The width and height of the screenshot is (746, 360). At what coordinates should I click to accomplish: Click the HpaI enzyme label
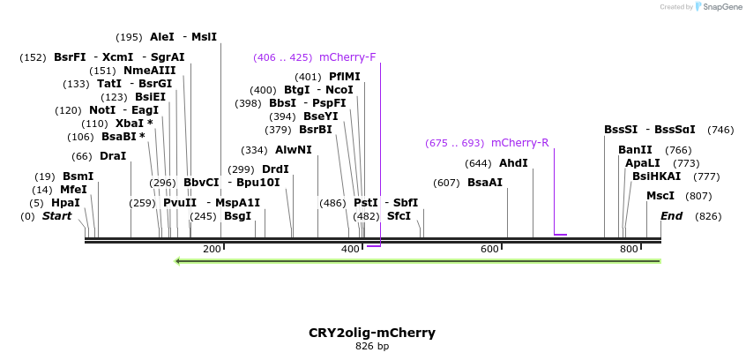(65, 203)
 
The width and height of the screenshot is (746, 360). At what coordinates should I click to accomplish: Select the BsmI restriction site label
(78, 176)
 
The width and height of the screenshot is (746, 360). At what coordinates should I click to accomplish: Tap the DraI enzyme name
(113, 156)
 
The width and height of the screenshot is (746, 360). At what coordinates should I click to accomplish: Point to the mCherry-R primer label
(519, 143)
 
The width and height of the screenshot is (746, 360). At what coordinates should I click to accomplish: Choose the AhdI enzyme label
(513, 163)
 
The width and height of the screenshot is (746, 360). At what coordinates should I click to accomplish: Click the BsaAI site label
(485, 183)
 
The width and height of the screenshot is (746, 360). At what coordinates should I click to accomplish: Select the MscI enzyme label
(660, 196)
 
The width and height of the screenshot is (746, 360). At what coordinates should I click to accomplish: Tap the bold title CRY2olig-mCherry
(372, 333)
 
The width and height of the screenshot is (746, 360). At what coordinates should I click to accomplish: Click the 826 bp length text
(372, 347)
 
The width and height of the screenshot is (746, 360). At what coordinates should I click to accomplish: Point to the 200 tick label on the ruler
(212, 250)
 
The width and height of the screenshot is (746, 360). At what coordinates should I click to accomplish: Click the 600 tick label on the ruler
(489, 250)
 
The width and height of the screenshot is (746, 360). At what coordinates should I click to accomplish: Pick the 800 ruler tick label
(629, 250)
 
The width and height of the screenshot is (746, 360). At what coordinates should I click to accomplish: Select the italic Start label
(56, 216)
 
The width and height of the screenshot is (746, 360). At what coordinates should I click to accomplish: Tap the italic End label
(671, 216)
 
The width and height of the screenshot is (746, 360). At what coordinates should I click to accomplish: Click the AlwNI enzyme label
(294, 150)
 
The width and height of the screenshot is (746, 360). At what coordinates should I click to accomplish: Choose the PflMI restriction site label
(345, 77)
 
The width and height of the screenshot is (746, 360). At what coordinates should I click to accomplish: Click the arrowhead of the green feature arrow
(179, 260)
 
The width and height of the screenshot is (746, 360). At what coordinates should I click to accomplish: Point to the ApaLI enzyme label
(643, 163)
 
